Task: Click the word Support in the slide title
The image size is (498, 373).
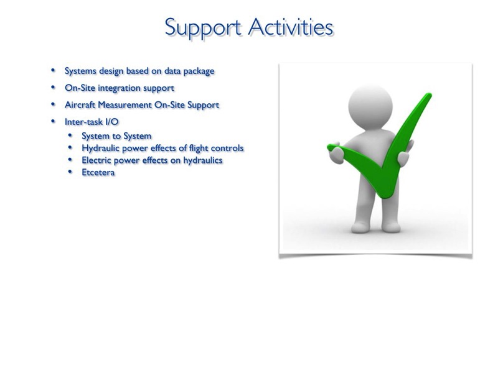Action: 203,28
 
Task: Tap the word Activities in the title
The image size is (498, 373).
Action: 291,27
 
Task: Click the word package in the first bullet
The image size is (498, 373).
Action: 199,71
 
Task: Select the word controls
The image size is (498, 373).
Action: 227,148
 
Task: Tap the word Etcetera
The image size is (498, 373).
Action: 98,173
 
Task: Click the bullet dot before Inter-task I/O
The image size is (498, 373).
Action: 53,121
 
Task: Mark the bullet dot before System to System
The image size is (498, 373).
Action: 70,136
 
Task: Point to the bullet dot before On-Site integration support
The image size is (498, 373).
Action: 53,87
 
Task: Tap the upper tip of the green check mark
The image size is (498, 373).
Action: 430,94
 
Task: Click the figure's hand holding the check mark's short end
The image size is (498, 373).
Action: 337,154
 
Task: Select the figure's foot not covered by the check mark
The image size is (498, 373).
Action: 361,227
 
